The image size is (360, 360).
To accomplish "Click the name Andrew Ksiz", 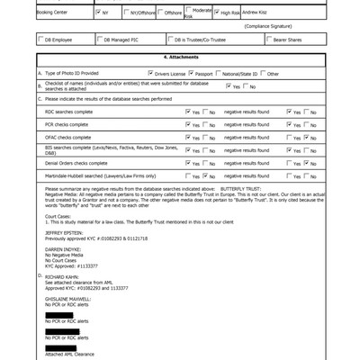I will [x=254, y=14].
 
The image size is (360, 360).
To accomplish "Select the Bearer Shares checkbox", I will [x=270, y=40].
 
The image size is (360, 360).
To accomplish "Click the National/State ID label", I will [x=242, y=72].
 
